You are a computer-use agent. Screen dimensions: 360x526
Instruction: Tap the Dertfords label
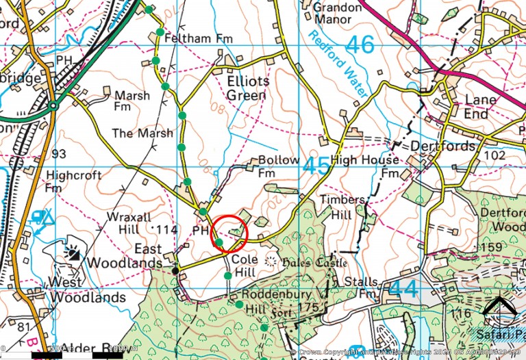(x=442, y=146)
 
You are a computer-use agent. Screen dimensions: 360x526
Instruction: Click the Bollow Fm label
(x=278, y=166)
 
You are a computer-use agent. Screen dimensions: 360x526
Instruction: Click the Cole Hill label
(x=244, y=266)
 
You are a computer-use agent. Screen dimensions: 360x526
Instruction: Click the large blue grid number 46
(x=360, y=46)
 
